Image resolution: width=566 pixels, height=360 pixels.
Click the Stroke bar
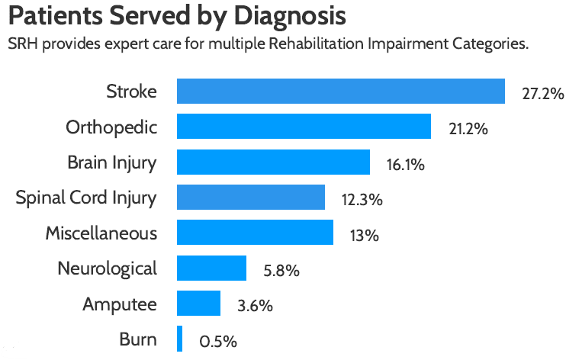[340, 92]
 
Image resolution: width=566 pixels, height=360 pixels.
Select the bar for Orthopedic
[304, 127]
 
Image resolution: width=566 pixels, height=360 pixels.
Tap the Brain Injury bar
[273, 162]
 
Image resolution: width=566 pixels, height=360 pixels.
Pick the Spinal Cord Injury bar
[251, 198]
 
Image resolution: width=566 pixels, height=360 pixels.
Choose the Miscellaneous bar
[255, 233]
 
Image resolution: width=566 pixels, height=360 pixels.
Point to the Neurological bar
[211, 268]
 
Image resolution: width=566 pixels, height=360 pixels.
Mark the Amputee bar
[198, 304]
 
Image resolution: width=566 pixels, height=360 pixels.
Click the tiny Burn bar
[180, 339]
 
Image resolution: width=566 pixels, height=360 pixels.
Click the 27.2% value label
[543, 95]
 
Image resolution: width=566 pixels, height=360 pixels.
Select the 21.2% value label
[468, 130]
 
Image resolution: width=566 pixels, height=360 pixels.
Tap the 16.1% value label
[405, 165]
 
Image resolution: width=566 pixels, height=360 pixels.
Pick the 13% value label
[364, 236]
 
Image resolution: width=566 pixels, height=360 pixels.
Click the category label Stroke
[131, 92]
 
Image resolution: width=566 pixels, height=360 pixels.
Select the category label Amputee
[120, 304]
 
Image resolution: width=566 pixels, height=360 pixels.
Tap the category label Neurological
[107, 268]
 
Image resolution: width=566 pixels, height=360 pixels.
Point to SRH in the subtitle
[22, 43]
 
